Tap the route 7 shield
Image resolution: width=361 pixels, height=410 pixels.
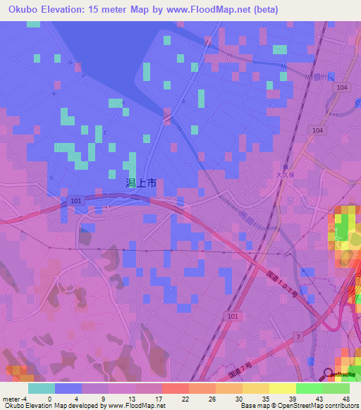[299, 339]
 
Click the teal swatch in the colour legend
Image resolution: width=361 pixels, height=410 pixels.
[42, 388]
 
